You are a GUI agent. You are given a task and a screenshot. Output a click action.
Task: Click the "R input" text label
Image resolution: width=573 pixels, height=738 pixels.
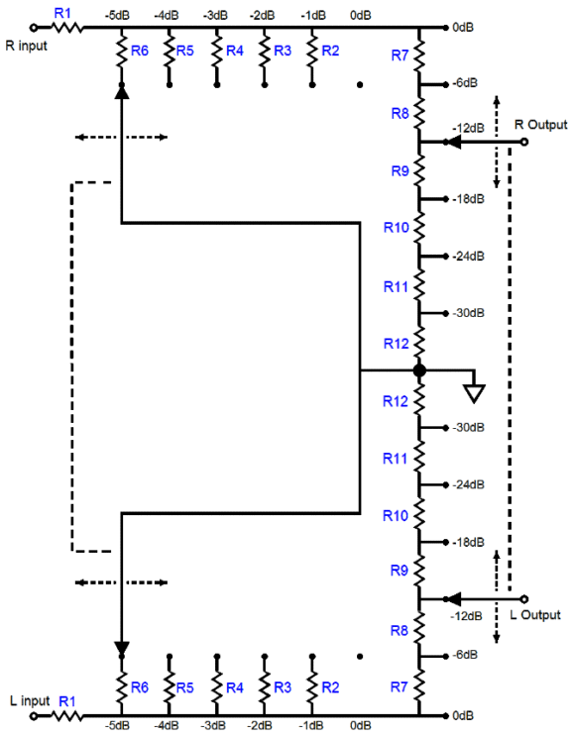[27, 46]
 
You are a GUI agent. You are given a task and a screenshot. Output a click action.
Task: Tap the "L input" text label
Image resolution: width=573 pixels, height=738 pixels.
[30, 700]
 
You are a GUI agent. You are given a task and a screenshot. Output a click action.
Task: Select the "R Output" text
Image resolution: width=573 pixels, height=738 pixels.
[541, 125]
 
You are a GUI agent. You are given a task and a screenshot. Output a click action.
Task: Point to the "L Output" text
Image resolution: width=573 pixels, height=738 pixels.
[535, 615]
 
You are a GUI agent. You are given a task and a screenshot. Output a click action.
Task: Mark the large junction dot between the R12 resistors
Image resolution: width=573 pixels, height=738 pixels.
[419, 370]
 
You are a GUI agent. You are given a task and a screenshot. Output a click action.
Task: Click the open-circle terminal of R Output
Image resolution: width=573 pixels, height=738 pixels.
[524, 142]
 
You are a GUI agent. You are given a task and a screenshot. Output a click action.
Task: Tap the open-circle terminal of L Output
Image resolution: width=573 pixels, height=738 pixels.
[524, 599]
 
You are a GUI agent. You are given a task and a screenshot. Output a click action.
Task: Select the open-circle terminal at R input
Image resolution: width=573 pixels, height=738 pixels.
[34, 28]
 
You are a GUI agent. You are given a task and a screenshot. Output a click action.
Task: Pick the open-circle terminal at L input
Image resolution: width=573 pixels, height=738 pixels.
[34, 716]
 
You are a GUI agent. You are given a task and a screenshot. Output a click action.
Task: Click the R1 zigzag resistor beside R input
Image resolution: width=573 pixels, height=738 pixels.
[66, 28]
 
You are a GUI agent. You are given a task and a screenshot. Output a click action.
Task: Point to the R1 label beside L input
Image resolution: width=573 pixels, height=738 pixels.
[66, 701]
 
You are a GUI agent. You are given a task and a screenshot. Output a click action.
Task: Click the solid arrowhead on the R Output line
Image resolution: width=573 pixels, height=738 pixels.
[453, 142]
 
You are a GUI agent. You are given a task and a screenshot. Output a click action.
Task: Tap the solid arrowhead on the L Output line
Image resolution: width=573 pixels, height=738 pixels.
[453, 599]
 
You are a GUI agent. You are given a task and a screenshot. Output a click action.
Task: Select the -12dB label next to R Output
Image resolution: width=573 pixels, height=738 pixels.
[469, 128]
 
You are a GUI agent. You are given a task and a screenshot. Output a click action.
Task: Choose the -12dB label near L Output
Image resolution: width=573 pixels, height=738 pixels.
[466, 615]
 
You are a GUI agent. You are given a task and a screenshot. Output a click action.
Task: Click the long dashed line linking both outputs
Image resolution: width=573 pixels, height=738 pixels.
[510, 370]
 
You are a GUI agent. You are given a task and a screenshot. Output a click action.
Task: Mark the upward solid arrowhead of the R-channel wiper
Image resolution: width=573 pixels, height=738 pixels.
[122, 92]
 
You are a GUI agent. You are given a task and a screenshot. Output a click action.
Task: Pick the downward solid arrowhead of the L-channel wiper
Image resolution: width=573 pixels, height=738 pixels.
[122, 648]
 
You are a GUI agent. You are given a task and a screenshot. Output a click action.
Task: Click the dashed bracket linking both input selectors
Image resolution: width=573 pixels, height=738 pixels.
[72, 367]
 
